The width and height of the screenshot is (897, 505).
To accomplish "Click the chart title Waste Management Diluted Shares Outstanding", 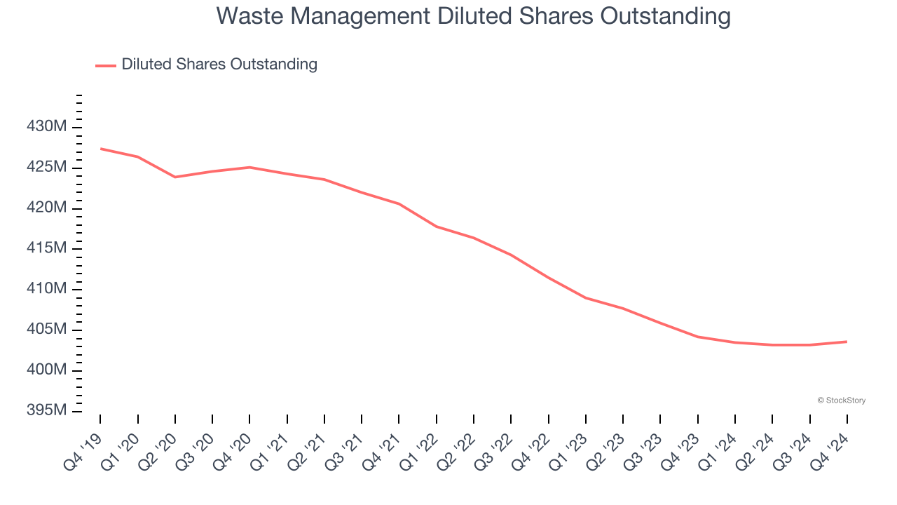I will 473,16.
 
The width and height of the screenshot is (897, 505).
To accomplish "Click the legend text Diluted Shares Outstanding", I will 219,65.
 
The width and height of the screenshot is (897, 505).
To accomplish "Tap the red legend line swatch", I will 106,65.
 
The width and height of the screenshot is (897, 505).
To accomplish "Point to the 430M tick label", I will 47,127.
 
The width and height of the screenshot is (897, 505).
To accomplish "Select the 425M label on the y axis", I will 47,168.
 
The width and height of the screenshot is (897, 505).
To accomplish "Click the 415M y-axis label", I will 47,248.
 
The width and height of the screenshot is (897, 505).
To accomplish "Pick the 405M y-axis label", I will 47,330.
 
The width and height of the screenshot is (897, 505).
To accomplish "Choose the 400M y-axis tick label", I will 47,370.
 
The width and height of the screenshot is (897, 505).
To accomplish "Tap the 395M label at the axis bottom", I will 47,410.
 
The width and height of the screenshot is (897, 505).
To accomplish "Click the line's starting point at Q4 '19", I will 100,149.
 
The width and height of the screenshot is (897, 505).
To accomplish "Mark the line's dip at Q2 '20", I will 175,177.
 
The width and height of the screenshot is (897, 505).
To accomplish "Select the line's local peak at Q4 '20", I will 249,167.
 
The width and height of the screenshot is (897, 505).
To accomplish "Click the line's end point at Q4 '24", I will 847,342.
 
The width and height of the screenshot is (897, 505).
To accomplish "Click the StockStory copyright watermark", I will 841,400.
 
